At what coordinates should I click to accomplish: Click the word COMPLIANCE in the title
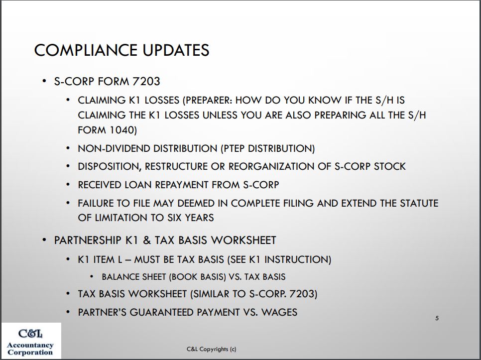click(x=86, y=50)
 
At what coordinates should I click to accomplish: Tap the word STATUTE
click(x=419, y=203)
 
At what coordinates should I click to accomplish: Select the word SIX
click(x=175, y=218)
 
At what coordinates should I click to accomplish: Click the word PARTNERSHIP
click(x=88, y=240)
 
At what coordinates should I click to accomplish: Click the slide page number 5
click(x=437, y=318)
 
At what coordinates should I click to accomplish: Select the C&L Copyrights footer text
click(x=211, y=349)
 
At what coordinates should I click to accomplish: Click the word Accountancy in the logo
click(x=30, y=345)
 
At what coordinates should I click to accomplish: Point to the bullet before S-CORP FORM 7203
click(x=44, y=81)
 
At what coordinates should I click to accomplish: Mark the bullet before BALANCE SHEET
click(x=92, y=276)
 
